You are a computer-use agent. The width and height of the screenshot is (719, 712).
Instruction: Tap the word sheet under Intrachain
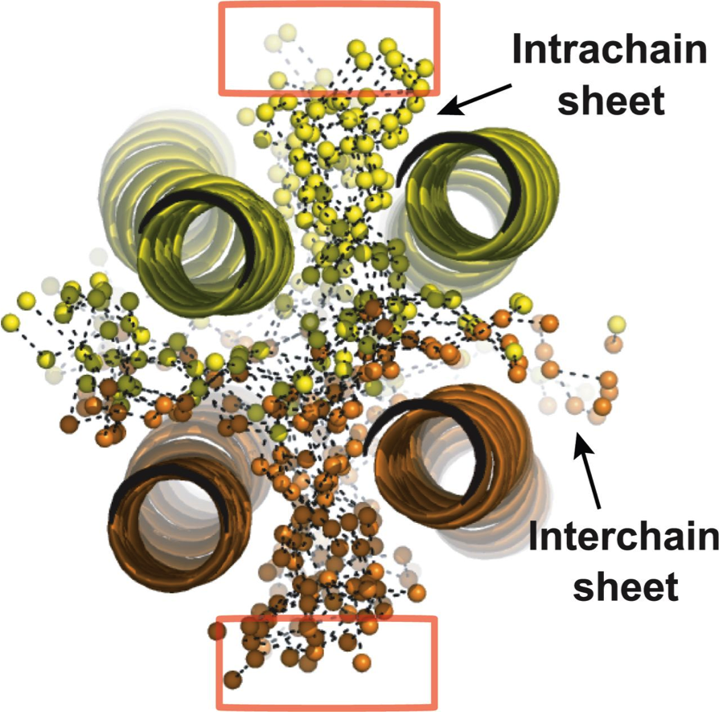pyautogui.click(x=610, y=100)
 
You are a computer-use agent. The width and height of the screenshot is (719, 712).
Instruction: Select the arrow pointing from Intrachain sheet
pyautogui.click(x=475, y=99)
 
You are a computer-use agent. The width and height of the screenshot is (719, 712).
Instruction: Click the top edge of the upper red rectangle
pyautogui.click(x=329, y=5)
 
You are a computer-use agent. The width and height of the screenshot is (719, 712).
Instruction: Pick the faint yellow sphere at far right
pyautogui.click(x=616, y=325)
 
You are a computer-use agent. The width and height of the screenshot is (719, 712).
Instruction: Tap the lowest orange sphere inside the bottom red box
pyautogui.click(x=233, y=680)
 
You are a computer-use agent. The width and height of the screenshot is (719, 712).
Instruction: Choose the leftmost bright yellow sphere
pyautogui.click(x=10, y=323)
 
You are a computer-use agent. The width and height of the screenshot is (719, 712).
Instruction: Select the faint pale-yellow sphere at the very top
pyautogui.click(x=287, y=33)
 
